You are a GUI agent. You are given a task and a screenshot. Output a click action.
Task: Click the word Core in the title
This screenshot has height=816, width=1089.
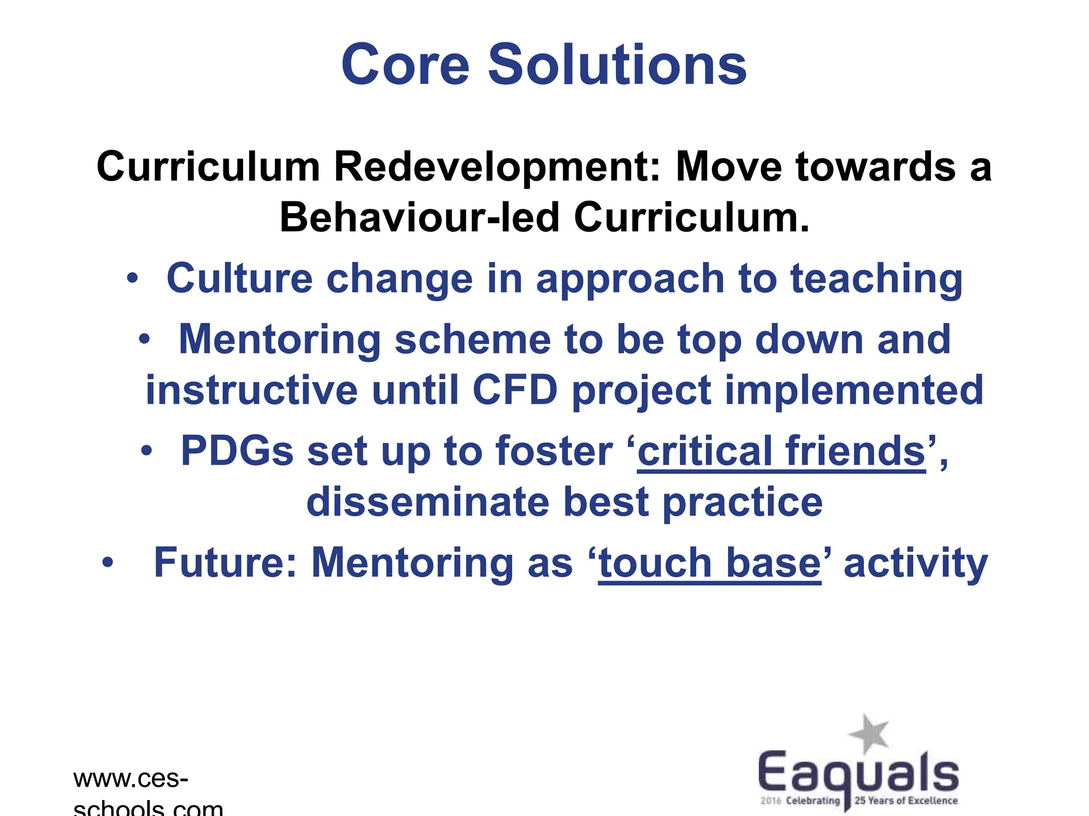(x=405, y=65)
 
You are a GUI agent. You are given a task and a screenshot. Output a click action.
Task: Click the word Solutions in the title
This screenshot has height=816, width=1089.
(x=617, y=65)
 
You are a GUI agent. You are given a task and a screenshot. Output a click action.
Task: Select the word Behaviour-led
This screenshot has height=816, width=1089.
(x=420, y=218)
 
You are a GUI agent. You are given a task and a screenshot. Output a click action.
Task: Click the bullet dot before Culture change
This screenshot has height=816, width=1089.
(x=132, y=278)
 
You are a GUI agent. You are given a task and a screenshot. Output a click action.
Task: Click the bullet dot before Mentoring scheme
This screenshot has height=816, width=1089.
(x=145, y=339)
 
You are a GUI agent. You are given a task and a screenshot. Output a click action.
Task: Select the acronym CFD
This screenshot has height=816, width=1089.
(x=515, y=389)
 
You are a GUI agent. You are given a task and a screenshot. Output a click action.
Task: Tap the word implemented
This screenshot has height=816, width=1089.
(x=854, y=389)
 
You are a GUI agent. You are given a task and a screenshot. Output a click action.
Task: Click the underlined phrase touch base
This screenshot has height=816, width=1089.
(x=709, y=563)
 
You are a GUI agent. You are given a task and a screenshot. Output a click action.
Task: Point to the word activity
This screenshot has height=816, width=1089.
(x=915, y=563)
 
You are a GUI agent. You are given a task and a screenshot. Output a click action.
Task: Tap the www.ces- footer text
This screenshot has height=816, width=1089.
(x=131, y=779)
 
